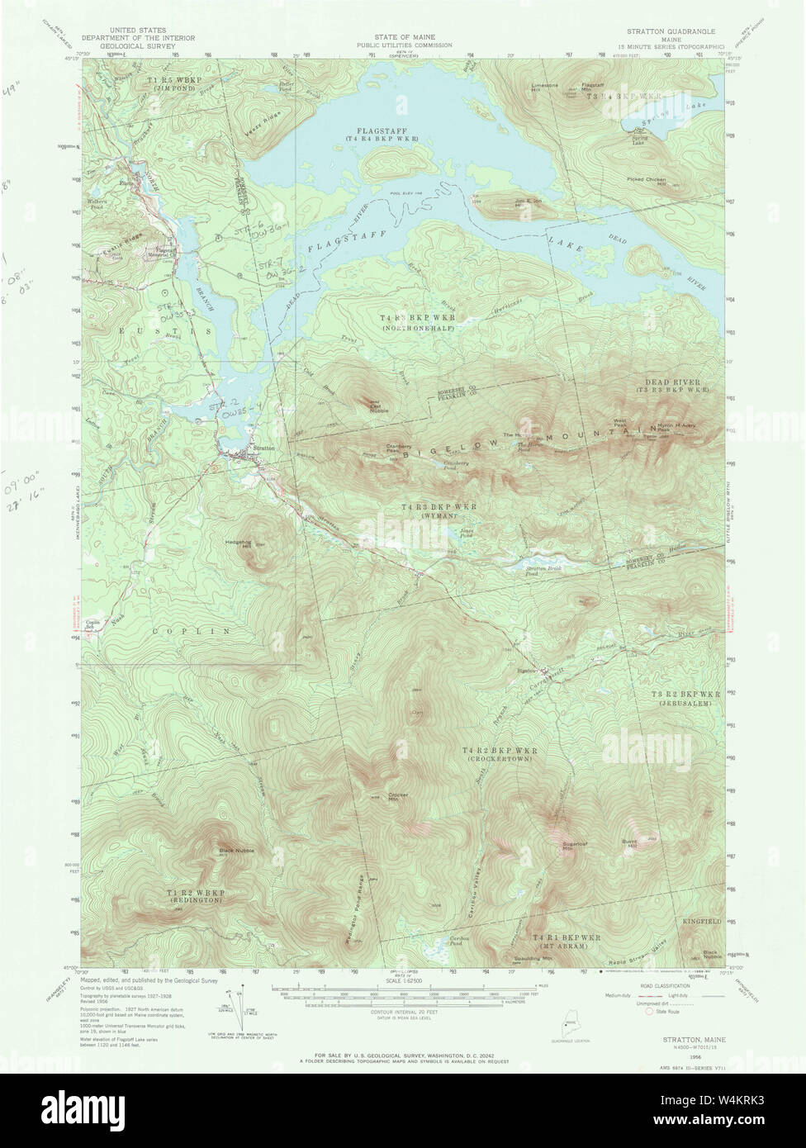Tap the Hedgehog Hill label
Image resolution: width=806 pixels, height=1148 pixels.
[x=238, y=543]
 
